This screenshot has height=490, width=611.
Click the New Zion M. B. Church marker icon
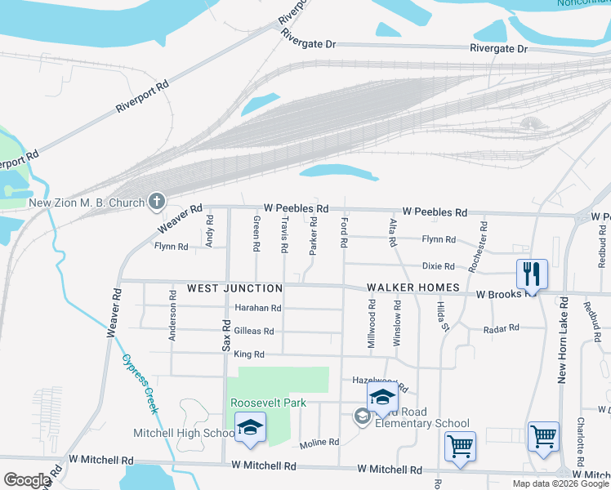click(156, 202)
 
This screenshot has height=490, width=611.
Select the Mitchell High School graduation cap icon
click(250, 428)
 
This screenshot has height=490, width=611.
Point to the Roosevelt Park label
click(268, 403)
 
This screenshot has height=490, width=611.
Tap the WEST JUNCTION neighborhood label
click(234, 288)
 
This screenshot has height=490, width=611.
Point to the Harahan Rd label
click(257, 309)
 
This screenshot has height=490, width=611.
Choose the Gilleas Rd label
click(253, 332)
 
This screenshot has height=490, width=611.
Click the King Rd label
click(249, 354)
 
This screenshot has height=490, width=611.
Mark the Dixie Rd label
click(439, 266)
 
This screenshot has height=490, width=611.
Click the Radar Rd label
click(502, 328)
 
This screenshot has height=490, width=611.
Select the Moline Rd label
click(319, 442)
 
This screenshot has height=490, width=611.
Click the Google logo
click(26, 480)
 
